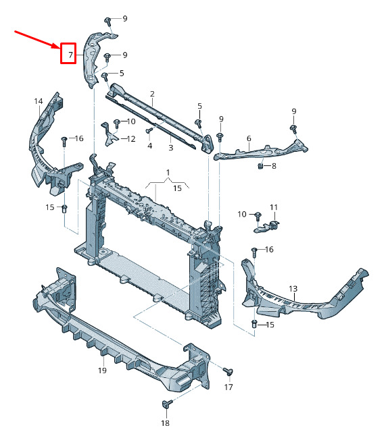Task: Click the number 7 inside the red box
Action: click(x=71, y=55)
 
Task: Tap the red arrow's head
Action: click(x=57, y=46)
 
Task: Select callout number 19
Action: click(x=102, y=371)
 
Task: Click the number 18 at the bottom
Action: click(x=165, y=423)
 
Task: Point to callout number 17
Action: click(x=228, y=387)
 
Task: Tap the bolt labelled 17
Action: click(x=228, y=372)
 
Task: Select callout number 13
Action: click(x=293, y=289)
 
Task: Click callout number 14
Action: click(x=39, y=101)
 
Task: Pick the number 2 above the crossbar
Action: click(x=152, y=94)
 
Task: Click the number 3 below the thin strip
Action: click(x=171, y=147)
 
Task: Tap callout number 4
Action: click(x=150, y=145)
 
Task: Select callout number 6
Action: click(x=249, y=138)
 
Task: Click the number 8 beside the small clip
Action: click(x=274, y=166)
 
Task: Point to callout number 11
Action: click(x=274, y=207)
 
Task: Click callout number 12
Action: click(x=131, y=138)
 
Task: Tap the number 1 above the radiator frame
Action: click(x=168, y=173)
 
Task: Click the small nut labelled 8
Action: click(x=261, y=166)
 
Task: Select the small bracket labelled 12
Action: click(x=109, y=135)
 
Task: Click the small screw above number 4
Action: click(x=149, y=130)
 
